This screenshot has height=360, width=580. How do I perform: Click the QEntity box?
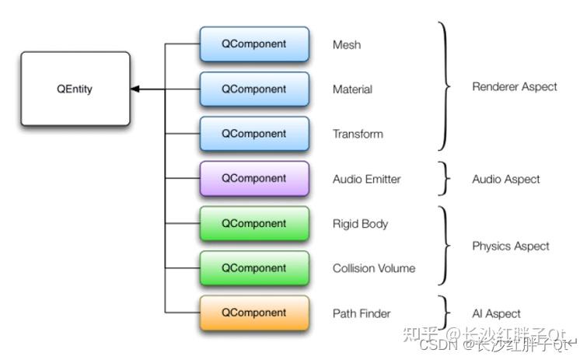[75, 89]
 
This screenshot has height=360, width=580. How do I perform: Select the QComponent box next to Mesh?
[253, 44]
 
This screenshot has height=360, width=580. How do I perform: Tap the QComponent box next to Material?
[253, 89]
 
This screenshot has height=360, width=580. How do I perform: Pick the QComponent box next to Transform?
[253, 133]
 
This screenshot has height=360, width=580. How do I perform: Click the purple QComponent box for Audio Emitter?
[253, 178]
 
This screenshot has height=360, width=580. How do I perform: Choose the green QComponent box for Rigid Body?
[253, 223]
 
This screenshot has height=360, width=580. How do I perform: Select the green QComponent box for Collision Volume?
[253, 267]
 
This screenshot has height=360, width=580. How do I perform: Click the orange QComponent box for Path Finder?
[253, 313]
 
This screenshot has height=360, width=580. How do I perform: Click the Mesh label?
[347, 45]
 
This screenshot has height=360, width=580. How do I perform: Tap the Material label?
[352, 89]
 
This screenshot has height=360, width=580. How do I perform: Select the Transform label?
[358, 134]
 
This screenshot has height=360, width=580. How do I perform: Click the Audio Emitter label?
[366, 179]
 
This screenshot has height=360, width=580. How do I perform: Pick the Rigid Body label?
[360, 224]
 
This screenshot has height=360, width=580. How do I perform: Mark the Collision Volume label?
[373, 268]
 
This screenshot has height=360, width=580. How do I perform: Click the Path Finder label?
[362, 313]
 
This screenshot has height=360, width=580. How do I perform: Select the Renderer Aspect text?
[514, 87]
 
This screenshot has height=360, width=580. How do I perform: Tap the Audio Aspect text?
[505, 179]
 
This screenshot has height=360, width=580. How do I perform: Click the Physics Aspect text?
[510, 246]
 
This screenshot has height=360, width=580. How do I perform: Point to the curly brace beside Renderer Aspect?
[445, 87]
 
